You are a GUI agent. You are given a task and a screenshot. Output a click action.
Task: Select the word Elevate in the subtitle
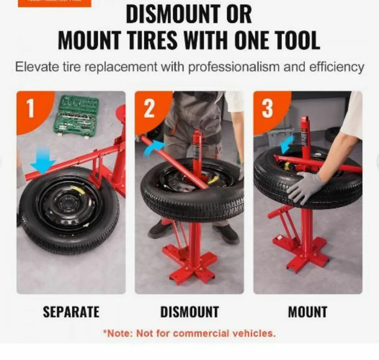tap(37, 67)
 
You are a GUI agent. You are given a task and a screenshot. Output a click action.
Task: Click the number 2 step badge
tap(149, 108)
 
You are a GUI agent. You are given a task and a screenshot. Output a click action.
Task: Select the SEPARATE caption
tap(71, 312)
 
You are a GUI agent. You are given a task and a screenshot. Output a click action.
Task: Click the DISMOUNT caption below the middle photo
tap(189, 312)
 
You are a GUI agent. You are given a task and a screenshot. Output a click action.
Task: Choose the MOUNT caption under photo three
tap(308, 312)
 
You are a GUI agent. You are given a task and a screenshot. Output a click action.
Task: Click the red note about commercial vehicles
tap(189, 333)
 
